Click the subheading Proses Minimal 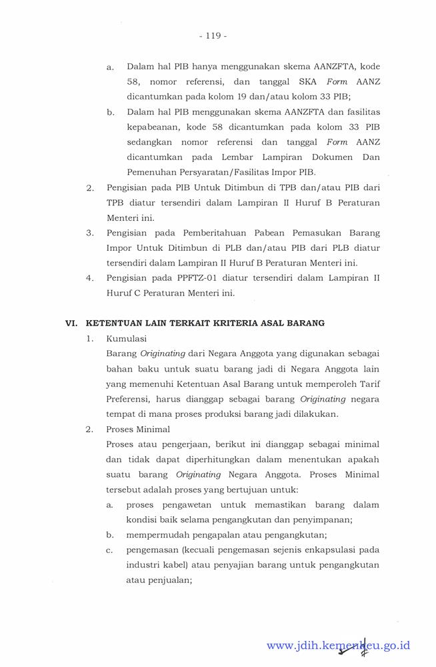click(138, 429)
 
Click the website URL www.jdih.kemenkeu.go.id click(338, 645)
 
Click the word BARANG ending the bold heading click(305, 323)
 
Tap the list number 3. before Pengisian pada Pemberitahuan click(89, 233)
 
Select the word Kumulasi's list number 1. click(89, 338)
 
